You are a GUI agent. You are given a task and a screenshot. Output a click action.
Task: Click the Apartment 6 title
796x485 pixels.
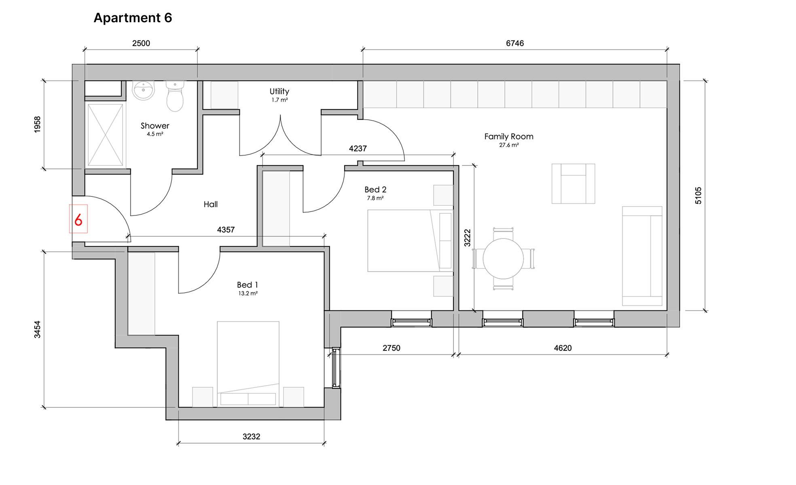[x=133, y=18]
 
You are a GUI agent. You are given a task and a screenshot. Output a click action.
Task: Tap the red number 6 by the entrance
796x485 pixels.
[x=78, y=220]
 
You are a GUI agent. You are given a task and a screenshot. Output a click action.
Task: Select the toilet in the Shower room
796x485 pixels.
[x=175, y=96]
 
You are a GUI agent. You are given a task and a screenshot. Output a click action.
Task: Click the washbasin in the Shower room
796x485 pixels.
[x=144, y=90]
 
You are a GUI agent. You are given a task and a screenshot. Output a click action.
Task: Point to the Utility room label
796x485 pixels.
[x=279, y=91]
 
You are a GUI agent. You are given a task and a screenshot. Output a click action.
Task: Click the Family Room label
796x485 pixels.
[x=509, y=137]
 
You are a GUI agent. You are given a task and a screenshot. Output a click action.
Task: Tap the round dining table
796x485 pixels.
[x=503, y=259]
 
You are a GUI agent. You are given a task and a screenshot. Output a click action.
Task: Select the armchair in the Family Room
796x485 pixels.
[x=573, y=183]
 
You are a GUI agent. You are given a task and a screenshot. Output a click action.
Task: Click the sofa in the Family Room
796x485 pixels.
[x=642, y=256]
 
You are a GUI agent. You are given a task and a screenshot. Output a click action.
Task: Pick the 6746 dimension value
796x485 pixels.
[x=515, y=43]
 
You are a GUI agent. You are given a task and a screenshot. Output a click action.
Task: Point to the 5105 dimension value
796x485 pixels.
[x=699, y=196]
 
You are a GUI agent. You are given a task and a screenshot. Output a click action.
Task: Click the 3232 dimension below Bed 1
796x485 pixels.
[x=251, y=436]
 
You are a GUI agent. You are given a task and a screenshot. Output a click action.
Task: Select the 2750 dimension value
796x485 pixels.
[x=392, y=348]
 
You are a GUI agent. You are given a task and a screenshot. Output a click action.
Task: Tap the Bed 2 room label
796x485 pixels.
[x=375, y=190]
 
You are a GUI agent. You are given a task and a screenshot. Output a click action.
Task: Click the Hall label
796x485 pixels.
[x=211, y=205]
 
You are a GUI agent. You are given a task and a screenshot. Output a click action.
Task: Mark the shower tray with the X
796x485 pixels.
[x=105, y=135]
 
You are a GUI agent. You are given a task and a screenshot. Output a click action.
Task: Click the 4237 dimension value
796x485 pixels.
[x=358, y=149]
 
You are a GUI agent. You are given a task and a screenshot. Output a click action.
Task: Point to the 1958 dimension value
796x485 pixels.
[x=37, y=124]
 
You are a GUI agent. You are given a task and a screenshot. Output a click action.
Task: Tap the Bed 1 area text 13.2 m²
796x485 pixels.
[x=248, y=293]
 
